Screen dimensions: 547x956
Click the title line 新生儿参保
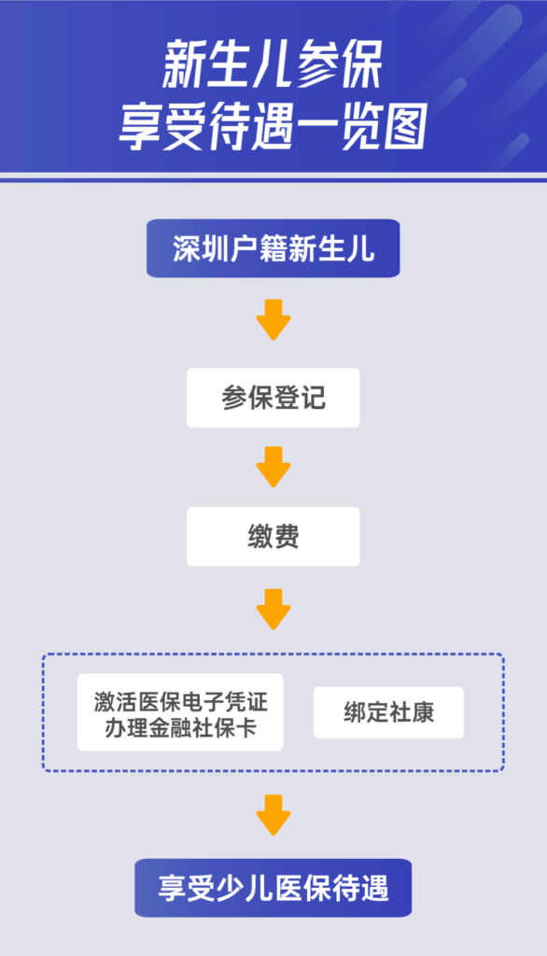tap(273, 64)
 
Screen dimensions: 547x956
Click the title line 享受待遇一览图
tap(273, 127)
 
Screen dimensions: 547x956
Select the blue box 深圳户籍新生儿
tap(273, 248)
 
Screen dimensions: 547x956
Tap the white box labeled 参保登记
tap(273, 398)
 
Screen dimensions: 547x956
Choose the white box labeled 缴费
tap(273, 537)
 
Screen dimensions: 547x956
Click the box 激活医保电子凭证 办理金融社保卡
tap(180, 712)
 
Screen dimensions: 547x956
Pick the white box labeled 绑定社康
tap(388, 712)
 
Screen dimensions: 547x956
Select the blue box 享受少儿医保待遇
tap(273, 888)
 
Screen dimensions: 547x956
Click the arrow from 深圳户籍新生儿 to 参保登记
tap(273, 319)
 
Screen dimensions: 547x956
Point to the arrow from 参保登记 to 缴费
tap(273, 467)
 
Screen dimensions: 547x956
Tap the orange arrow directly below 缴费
tap(273, 609)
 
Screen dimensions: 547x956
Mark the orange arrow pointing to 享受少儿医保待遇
tap(273, 815)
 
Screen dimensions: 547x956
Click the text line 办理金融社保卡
tap(180, 727)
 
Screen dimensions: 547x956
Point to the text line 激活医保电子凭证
tap(180, 701)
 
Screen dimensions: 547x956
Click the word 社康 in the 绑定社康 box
tap(412, 712)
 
